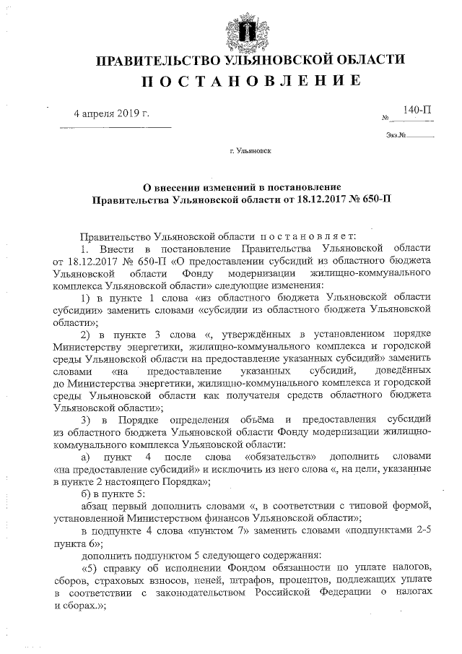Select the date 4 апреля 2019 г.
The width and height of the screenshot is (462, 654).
point(114,115)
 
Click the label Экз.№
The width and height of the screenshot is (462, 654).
point(397,135)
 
